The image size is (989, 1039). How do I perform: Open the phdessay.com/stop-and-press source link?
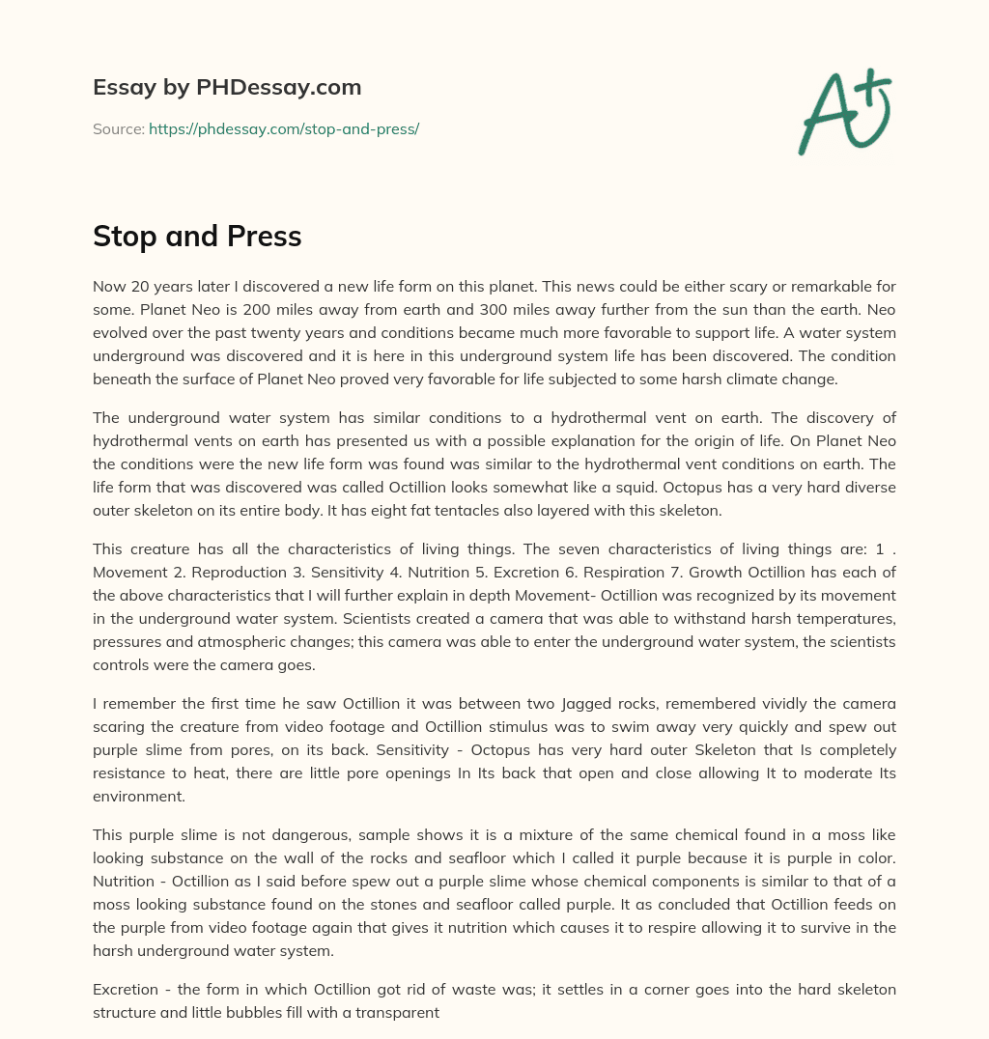(x=284, y=128)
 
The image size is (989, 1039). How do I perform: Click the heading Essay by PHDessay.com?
(x=227, y=88)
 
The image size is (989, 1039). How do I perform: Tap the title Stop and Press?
(x=197, y=237)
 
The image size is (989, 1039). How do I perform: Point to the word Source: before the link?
(x=119, y=128)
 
